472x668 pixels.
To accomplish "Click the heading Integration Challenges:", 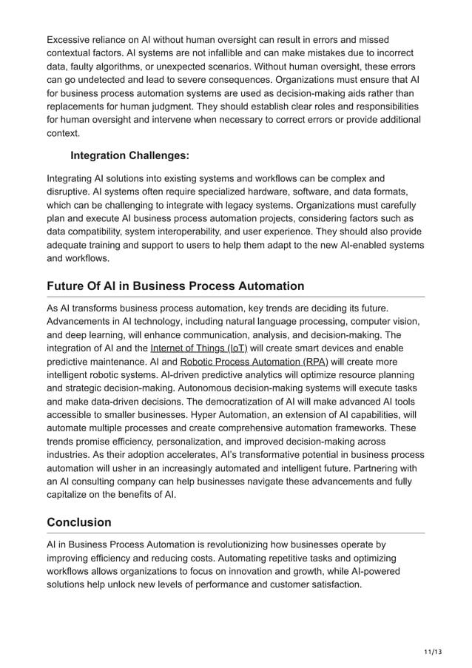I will click(129, 156).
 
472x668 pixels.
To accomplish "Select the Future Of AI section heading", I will click(175, 286).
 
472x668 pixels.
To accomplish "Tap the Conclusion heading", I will click(79, 522).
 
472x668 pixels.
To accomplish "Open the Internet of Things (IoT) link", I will click(198, 348).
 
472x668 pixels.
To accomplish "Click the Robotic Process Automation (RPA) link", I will click(254, 362).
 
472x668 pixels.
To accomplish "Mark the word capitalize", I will click(71, 495).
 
